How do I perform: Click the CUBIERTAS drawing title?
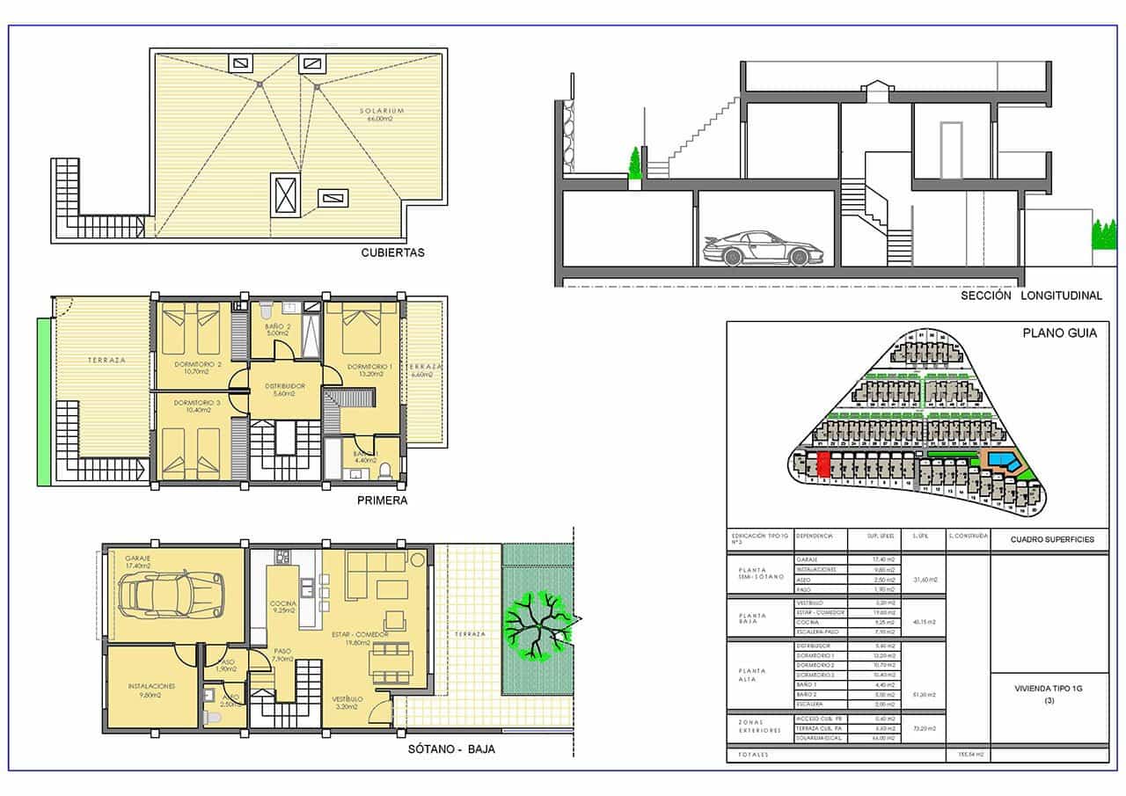[x=392, y=252]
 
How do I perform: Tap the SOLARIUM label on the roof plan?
[x=381, y=112]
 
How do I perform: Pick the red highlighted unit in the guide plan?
[x=823, y=465]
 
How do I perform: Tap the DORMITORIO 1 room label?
[x=369, y=367]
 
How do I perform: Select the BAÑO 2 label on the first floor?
[x=277, y=327]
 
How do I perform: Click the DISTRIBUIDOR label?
[x=283, y=386]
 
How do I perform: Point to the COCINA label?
[x=282, y=603]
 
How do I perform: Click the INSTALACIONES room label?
[x=151, y=685]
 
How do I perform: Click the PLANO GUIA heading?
[x=1052, y=333]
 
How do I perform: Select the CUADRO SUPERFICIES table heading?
[x=1051, y=539]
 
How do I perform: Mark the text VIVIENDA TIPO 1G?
[x=1049, y=690]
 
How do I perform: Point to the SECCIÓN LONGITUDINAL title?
[x=1031, y=296]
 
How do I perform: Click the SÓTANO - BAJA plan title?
[x=451, y=749]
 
